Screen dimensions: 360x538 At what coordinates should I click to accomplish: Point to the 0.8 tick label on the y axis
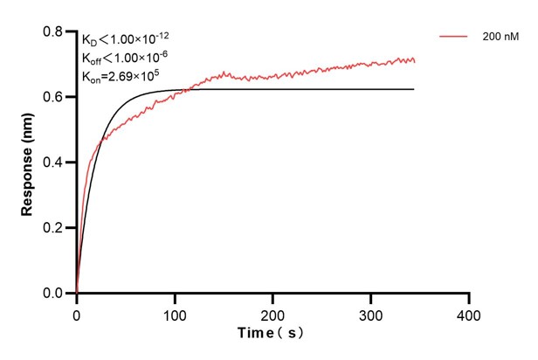pyautogui.click(x=53, y=31)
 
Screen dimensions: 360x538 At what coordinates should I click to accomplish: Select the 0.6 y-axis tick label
pyautogui.click(x=53, y=97)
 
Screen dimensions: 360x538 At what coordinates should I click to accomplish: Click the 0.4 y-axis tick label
pyautogui.click(x=53, y=163)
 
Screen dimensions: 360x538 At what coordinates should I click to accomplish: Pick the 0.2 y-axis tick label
pyautogui.click(x=53, y=228)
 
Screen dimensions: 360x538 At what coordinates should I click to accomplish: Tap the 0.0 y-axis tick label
pyautogui.click(x=53, y=294)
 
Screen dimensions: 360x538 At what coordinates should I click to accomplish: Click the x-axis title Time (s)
pyautogui.click(x=272, y=334)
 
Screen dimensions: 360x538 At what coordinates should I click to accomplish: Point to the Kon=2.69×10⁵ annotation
pyautogui.click(x=121, y=75)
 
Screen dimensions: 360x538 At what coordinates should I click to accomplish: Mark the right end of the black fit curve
pyautogui.click(x=414, y=89)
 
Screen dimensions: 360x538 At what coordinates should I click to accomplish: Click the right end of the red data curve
pyautogui.click(x=415, y=61)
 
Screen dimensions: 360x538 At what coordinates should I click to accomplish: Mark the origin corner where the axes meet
pyautogui.click(x=77, y=294)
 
